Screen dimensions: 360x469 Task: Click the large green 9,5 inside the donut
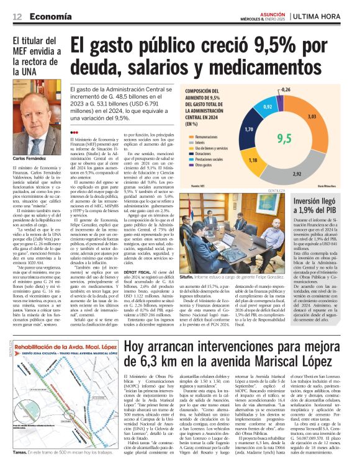[284, 137]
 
